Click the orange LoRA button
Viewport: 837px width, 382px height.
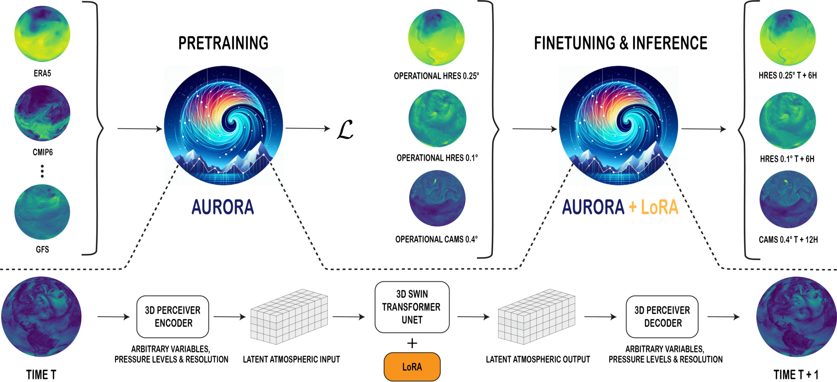click(412, 367)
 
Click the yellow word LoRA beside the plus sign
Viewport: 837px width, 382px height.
click(659, 207)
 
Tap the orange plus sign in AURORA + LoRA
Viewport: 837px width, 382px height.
click(633, 207)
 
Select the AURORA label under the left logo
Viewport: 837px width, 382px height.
click(223, 207)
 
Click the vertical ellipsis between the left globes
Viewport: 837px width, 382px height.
click(42, 171)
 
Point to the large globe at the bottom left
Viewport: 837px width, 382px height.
click(41, 316)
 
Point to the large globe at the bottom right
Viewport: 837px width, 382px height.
click(796, 316)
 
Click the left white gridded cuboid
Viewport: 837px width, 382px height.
click(289, 316)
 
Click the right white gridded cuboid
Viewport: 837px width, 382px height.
click(536, 316)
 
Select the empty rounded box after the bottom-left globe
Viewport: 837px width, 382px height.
click(172, 316)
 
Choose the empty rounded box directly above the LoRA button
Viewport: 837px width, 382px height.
click(412, 307)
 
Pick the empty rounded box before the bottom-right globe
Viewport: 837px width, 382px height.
click(662, 316)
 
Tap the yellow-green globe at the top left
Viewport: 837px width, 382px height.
click(42, 34)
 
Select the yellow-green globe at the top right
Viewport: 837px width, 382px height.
click(788, 37)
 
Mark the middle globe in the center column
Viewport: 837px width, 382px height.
click(437, 118)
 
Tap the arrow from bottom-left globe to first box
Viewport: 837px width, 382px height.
click(114, 316)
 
